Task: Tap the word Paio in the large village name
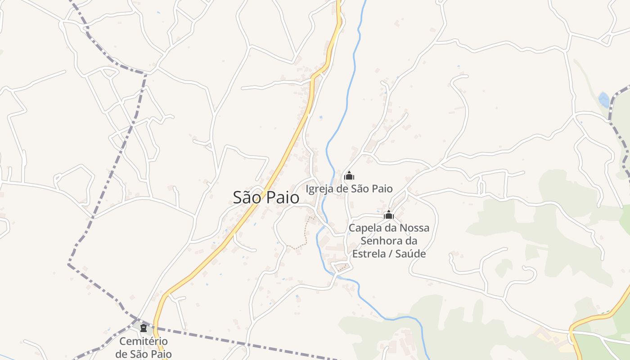(x=283, y=197)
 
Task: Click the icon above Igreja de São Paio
(x=349, y=175)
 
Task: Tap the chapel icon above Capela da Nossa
(x=389, y=215)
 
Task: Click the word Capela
(x=364, y=228)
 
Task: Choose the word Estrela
(x=368, y=253)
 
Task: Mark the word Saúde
(x=411, y=253)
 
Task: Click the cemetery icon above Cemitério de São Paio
(x=143, y=327)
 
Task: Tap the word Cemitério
(x=144, y=342)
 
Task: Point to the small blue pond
(x=604, y=99)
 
